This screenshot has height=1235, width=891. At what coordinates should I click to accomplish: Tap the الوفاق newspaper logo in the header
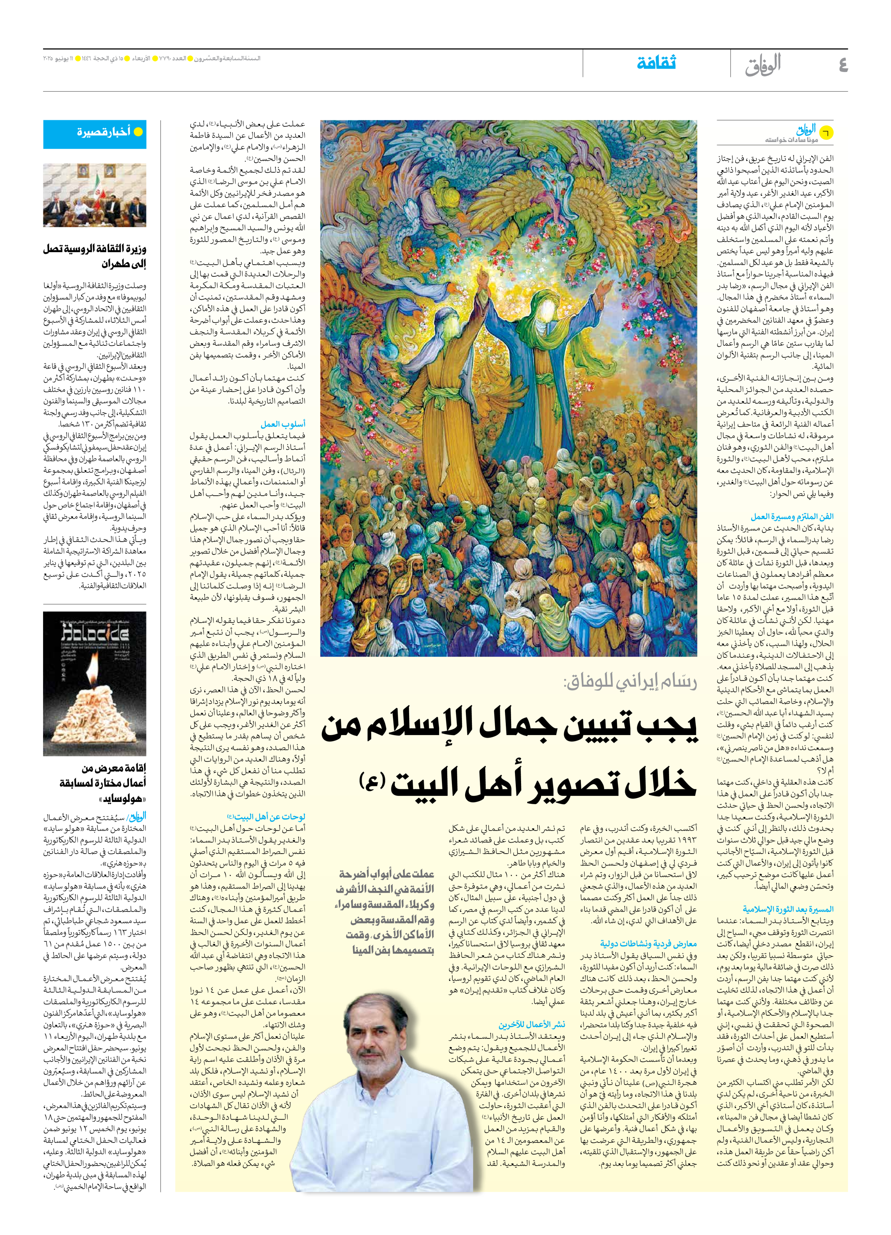click(763, 64)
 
